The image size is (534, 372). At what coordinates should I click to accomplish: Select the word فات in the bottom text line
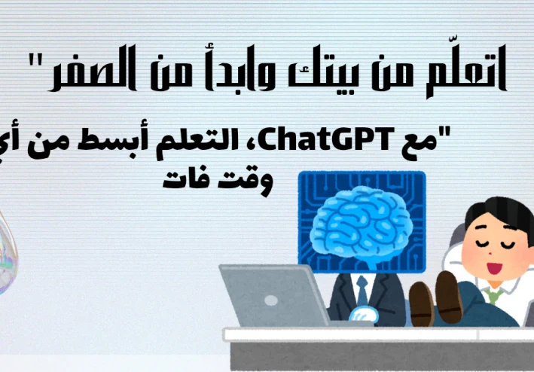click(184, 181)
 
